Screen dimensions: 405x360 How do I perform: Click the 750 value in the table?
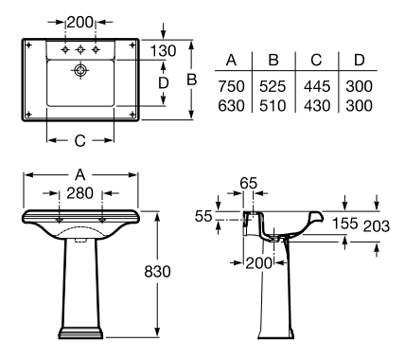[231, 86]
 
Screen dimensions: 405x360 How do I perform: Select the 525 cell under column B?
[273, 86]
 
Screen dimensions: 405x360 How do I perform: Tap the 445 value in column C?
[317, 86]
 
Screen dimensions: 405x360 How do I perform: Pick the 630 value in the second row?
[231, 106]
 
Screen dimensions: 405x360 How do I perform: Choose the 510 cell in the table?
[273, 106]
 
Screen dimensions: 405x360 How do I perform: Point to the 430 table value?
[317, 106]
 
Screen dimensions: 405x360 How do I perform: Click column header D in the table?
[360, 60]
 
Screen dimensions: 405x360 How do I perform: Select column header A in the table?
[231, 60]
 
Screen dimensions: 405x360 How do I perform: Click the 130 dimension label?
[163, 51]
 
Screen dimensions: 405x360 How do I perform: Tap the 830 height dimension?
[157, 271]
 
